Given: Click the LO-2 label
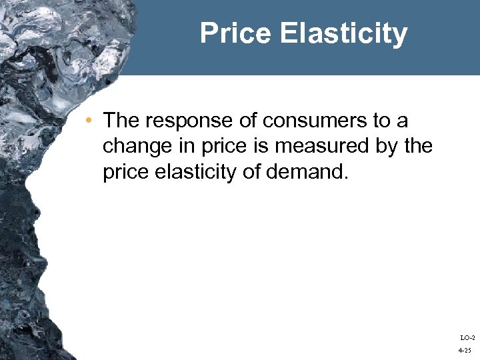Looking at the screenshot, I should pos(467,338).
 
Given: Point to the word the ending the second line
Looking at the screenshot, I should pos(419,147).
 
